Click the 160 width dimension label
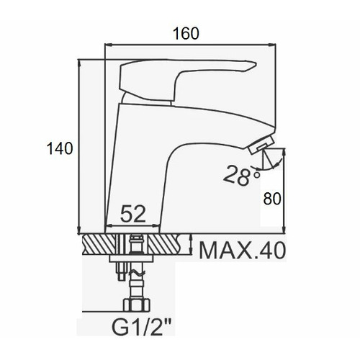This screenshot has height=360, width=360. pyautogui.click(x=186, y=34)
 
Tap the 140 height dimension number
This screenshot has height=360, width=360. pyautogui.click(x=60, y=148)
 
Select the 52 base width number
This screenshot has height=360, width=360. pyautogui.click(x=133, y=214)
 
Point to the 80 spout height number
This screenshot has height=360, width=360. pyautogui.click(x=272, y=199)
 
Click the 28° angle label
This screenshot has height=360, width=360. pyautogui.click(x=241, y=176)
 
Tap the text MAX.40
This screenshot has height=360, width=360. pyautogui.click(x=243, y=251)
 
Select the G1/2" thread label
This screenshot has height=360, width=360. pyautogui.click(x=142, y=327)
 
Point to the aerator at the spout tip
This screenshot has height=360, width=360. pyautogui.click(x=261, y=145)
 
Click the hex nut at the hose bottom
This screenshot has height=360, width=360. pyautogui.click(x=136, y=305)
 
